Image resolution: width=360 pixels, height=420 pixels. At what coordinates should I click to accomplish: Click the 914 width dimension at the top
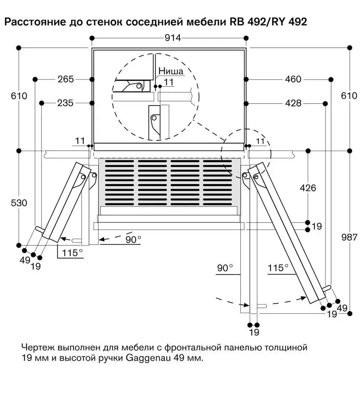click(172, 38)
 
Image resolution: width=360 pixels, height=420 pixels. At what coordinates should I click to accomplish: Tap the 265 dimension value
click(65, 79)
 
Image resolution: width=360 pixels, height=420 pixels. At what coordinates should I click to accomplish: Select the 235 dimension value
click(65, 103)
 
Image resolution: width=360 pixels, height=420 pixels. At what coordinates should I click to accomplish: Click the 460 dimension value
click(293, 79)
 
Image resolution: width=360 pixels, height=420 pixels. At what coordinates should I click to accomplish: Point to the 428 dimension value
click(293, 103)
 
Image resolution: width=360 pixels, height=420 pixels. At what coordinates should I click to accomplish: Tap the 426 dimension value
click(308, 188)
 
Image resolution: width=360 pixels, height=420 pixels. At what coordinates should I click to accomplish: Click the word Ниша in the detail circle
click(171, 71)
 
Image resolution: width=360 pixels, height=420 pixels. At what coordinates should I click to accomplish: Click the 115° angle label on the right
click(279, 267)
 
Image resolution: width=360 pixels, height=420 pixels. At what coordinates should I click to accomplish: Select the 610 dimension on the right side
click(349, 96)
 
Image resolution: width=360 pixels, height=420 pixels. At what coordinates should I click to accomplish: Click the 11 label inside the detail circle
click(168, 82)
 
